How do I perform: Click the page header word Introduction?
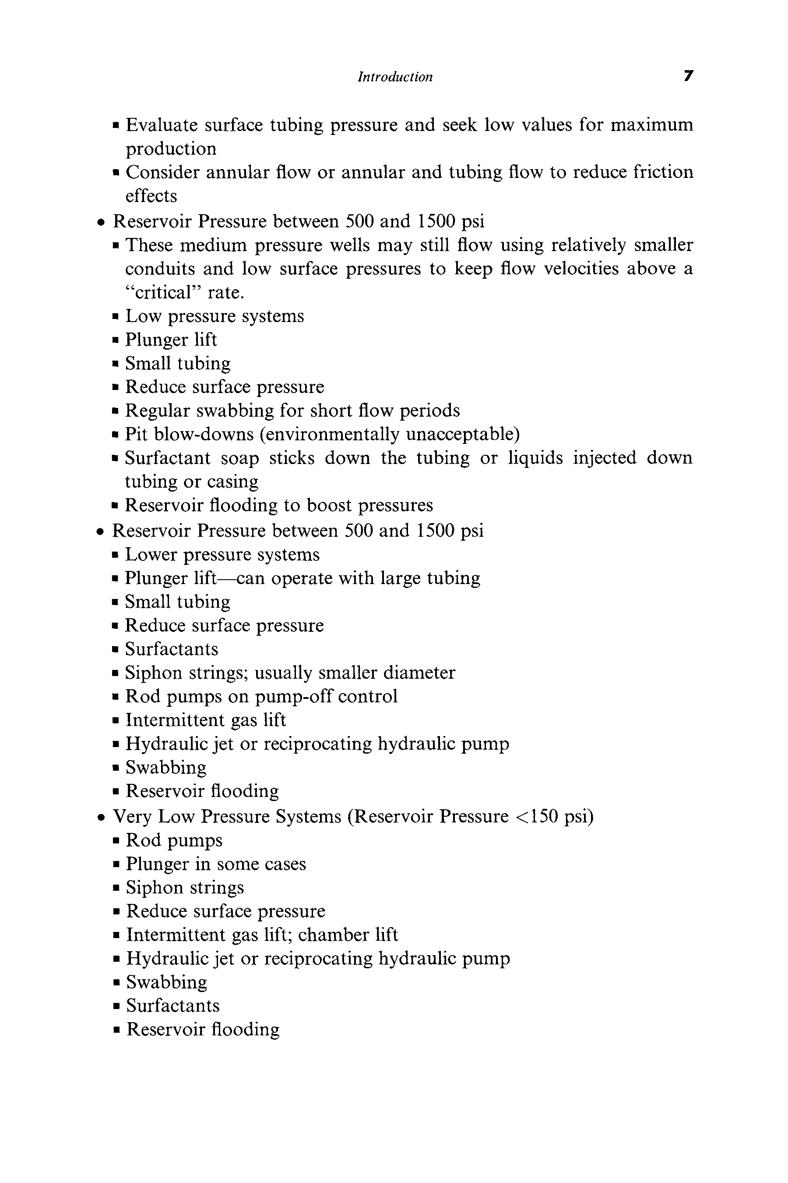pyautogui.click(x=395, y=77)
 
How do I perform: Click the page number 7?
pyautogui.click(x=689, y=76)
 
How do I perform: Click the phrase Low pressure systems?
pyautogui.click(x=215, y=316)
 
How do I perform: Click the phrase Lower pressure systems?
pyautogui.click(x=222, y=555)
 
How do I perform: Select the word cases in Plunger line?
pyautogui.click(x=288, y=864)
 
